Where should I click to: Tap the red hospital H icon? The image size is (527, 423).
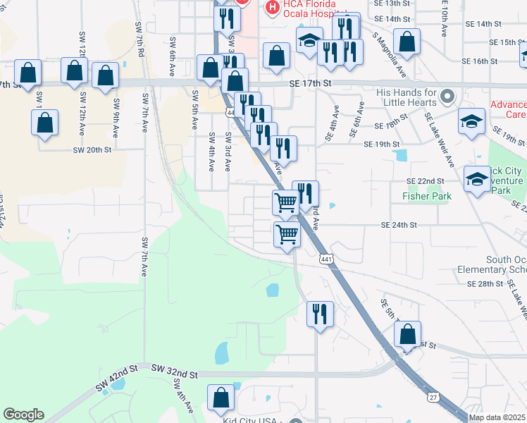click(x=271, y=8)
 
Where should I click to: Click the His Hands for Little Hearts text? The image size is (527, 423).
click(x=407, y=97)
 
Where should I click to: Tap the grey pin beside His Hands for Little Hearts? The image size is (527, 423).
click(x=446, y=94)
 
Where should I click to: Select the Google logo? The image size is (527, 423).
click(x=23, y=415)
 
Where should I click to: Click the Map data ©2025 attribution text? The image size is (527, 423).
click(x=497, y=417)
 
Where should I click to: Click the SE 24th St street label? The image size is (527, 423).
click(x=399, y=225)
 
